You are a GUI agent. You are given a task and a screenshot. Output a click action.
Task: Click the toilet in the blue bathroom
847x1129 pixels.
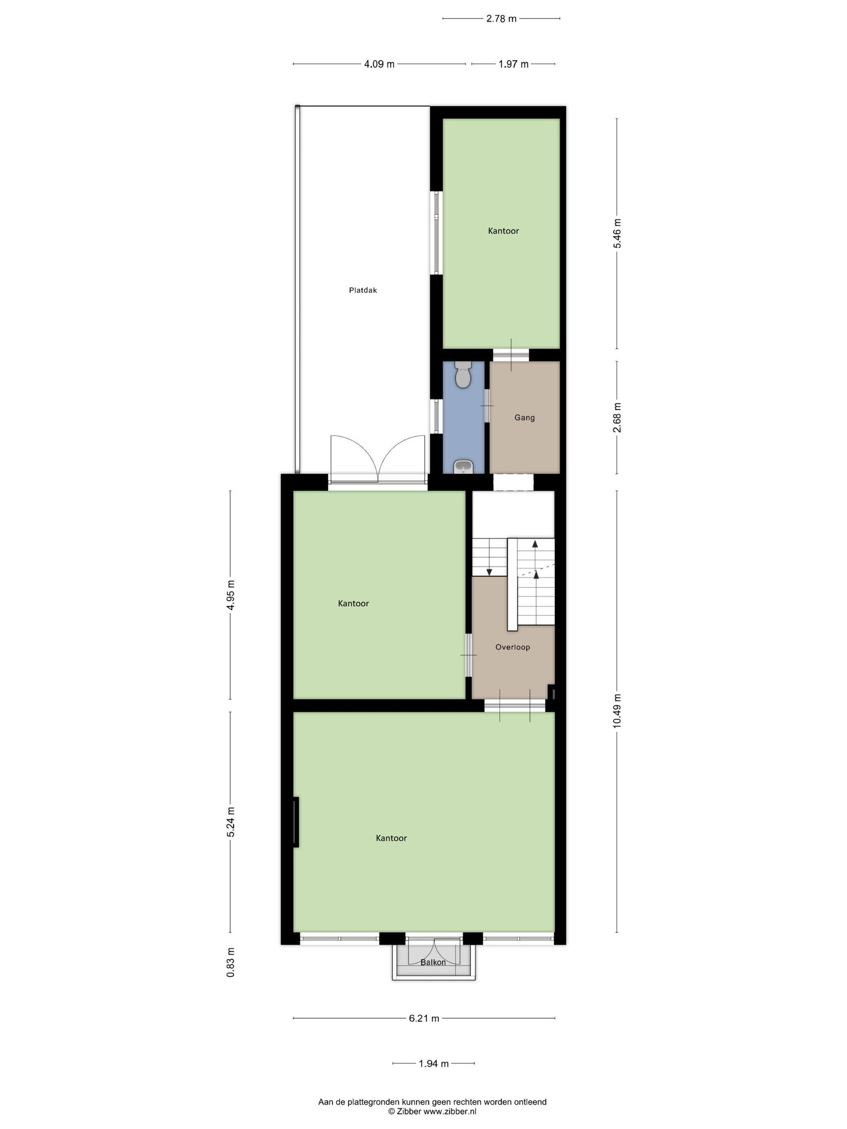pos(463,374)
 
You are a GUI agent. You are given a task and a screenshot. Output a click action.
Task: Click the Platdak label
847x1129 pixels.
pos(363,290)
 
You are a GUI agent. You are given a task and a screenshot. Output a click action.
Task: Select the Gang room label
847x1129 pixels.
pos(524,417)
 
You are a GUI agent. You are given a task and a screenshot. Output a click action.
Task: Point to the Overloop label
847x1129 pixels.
pos(513,647)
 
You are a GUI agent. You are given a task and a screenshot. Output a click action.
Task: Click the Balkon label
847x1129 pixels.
pos(433,962)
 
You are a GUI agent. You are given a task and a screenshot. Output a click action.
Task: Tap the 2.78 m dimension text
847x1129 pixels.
pos(501,19)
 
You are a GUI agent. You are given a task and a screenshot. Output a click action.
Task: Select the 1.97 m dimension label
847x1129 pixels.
pos(513,64)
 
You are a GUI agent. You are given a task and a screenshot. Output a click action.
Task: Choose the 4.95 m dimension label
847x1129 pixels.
pos(231,595)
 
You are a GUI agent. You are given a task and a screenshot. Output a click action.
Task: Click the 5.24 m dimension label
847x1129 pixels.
pos(231,822)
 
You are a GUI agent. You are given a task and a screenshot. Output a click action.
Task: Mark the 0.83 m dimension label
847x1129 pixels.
pos(231,962)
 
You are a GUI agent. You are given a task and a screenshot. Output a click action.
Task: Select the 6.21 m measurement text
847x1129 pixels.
pos(424,1018)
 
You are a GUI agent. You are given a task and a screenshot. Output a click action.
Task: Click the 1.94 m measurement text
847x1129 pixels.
pos(434,1064)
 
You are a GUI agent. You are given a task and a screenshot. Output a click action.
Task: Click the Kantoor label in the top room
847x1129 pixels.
pos(503,231)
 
